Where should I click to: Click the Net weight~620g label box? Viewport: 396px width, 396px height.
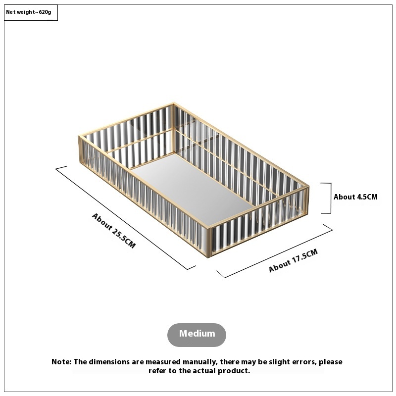tap(31, 12)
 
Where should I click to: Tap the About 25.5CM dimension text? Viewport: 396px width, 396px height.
tap(114, 231)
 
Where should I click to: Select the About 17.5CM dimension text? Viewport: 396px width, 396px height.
tap(293, 260)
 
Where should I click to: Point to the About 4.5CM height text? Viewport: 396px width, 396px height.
tap(355, 197)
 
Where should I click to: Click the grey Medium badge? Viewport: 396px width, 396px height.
tap(197, 335)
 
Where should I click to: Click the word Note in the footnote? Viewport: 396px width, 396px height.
tap(61, 362)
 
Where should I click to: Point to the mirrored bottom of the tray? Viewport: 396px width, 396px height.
tap(192, 188)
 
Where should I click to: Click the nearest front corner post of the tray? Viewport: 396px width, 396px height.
tap(208, 243)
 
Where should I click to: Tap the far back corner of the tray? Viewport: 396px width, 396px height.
tap(174, 104)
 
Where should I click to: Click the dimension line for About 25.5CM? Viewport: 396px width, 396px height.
tap(126, 218)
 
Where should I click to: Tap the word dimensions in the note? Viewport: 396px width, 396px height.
tap(109, 362)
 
